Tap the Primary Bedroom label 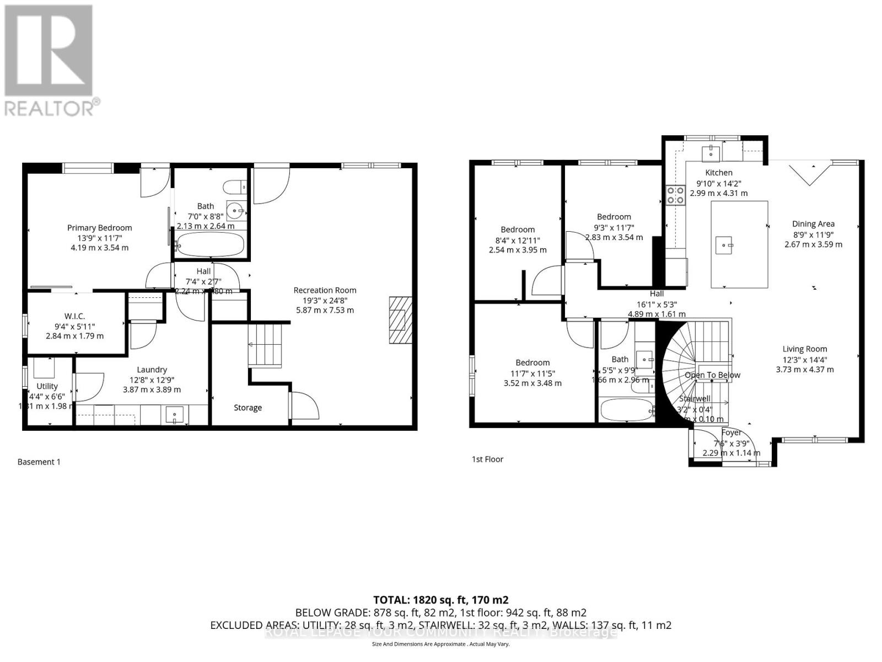pos(100,228)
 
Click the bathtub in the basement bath pos(210,245)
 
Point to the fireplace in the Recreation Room pos(401,321)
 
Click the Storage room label pos(248,408)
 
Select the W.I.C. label pos(74,316)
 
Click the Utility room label pos(47,386)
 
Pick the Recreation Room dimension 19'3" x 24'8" pos(325,300)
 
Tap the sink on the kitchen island pos(724,243)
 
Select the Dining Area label pos(813,224)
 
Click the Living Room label pos(804,349)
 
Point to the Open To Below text pos(712,375)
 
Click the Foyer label pos(731,433)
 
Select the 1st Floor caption pos(487,459)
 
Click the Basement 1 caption pos(39,462)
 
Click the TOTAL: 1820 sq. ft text pos(440,600)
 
